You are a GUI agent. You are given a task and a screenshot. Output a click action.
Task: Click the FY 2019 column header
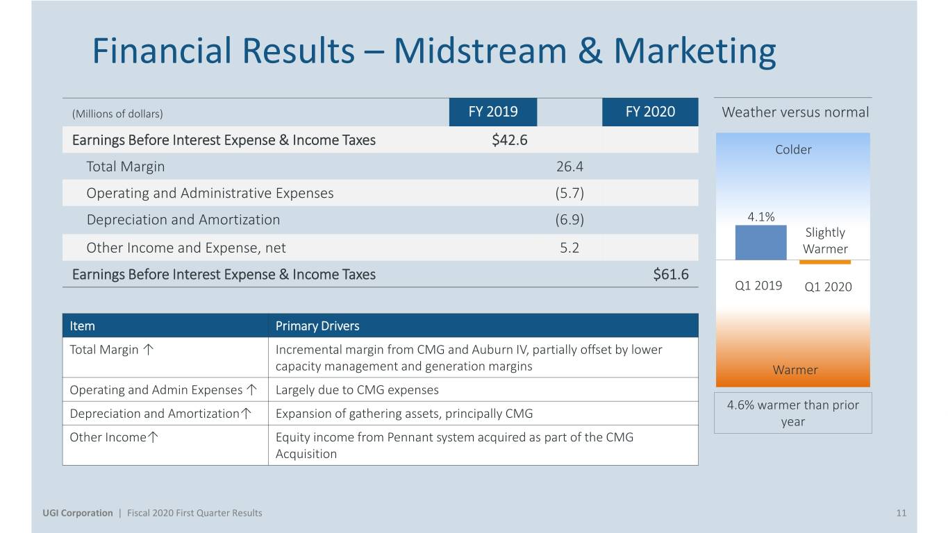[493, 112]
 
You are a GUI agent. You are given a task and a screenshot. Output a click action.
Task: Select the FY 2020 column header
[650, 112]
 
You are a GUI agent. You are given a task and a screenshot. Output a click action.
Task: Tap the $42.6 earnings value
[510, 140]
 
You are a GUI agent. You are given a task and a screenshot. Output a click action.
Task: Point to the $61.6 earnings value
[671, 274]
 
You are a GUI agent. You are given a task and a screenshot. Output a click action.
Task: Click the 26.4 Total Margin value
[569, 167]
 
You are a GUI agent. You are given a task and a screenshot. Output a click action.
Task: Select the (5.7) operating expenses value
[569, 194]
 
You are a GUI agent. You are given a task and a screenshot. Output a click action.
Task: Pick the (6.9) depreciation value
[569, 219]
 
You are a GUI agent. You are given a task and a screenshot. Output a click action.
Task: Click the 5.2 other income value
[569, 248]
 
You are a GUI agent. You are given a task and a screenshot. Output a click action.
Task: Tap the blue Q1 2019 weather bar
[761, 242]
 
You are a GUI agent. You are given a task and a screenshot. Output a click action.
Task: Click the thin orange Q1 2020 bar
[825, 262]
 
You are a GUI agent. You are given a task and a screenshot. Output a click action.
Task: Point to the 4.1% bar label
[761, 217]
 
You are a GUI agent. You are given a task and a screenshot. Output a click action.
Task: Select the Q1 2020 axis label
[828, 287]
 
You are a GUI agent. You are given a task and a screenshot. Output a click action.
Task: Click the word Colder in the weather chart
[793, 149]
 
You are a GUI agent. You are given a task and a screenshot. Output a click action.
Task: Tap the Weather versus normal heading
[795, 112]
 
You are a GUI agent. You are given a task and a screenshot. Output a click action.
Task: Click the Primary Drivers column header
[317, 325]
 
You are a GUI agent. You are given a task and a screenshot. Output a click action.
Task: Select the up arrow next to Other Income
[153, 437]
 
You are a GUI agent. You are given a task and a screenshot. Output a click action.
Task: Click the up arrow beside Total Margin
[148, 349]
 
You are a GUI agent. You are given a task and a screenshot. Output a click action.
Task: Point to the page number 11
[901, 513]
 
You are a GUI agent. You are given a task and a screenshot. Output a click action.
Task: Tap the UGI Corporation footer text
[78, 513]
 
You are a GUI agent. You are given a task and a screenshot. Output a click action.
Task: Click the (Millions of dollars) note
[117, 114]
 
